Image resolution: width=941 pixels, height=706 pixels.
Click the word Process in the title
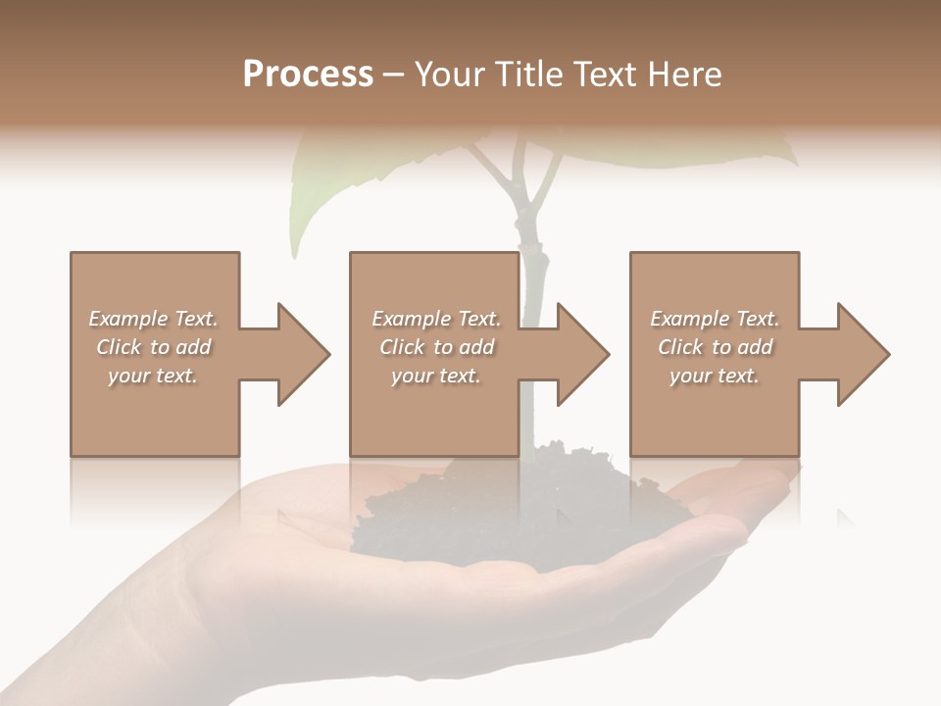[308, 75]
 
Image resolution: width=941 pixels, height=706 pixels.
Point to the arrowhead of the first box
[304, 354]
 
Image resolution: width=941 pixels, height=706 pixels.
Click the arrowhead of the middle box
[583, 354]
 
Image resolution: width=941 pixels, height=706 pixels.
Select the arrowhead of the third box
[864, 354]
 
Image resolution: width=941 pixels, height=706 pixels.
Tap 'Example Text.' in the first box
[154, 319]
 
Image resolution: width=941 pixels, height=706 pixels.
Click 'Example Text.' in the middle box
[436, 319]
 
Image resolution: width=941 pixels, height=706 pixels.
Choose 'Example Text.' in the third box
[715, 319]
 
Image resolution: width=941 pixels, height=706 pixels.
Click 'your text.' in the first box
[154, 376]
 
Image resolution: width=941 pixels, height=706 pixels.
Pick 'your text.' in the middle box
[436, 376]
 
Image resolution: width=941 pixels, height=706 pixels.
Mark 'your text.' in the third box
[715, 376]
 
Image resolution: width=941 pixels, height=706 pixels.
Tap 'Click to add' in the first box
[154, 347]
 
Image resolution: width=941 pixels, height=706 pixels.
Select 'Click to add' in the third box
[715, 347]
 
